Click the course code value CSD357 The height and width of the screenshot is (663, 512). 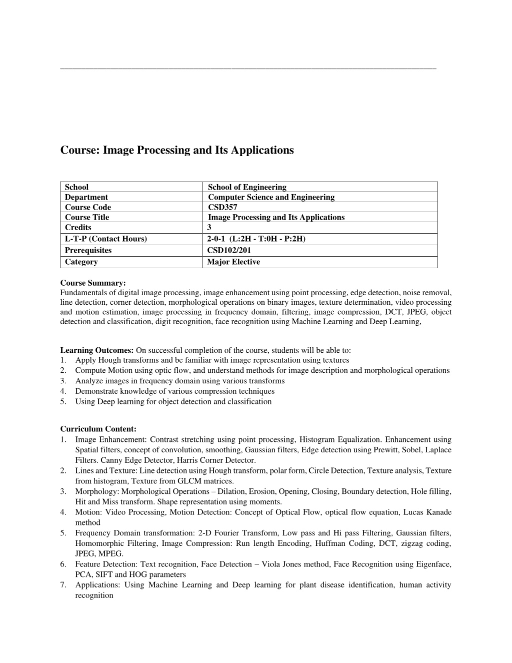coord(222,207)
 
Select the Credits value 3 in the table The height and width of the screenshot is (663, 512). coord(209,227)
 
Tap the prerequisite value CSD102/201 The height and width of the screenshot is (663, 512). coord(229,250)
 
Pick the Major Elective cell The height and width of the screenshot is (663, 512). coord(233,262)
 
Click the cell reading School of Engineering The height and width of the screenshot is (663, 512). coord(247,187)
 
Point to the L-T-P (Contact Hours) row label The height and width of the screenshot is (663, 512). coord(106,239)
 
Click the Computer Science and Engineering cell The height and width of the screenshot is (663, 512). coord(271,197)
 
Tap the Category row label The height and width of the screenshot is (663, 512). coord(81,262)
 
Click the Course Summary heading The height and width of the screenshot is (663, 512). coord(93,283)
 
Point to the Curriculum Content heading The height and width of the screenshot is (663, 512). coord(98,429)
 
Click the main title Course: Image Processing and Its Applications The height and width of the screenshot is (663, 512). coord(177,150)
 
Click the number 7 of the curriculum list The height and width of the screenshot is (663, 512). coord(63,585)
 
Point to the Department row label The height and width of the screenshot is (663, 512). coord(86,197)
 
